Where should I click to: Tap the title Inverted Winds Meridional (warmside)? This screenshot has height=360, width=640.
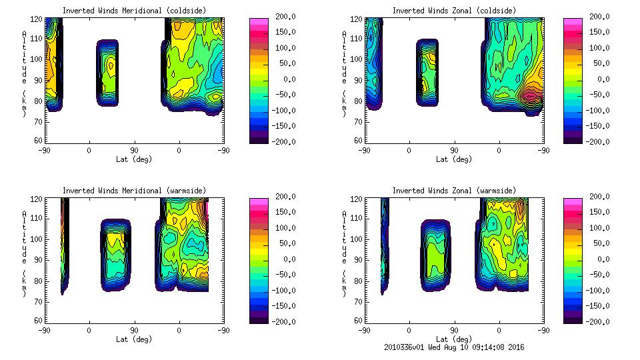121,191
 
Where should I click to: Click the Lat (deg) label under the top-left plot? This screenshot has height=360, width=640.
134,159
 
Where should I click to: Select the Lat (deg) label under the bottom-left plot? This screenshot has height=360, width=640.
134,339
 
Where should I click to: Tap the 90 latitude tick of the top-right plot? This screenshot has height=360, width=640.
454,150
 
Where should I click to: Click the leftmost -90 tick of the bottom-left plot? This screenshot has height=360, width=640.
44,330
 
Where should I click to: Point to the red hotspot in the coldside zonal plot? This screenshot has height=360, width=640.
531,95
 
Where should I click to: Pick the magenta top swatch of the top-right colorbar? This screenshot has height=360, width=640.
573,22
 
